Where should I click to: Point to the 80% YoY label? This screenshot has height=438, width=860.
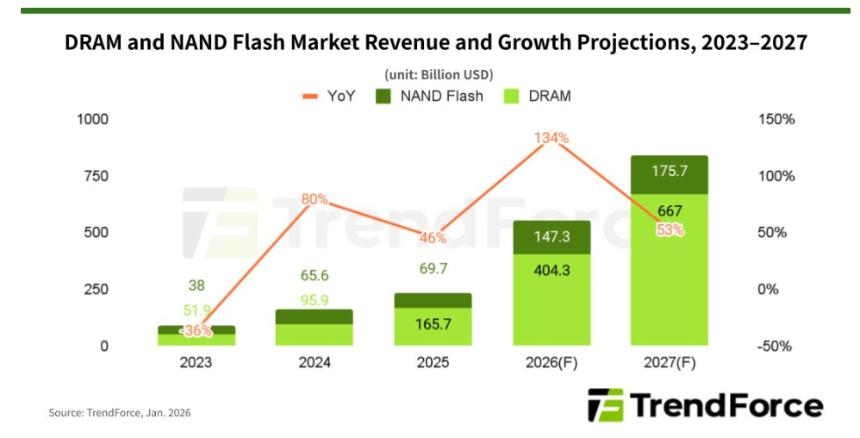click(315, 199)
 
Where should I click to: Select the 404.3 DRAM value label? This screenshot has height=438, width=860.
click(553, 270)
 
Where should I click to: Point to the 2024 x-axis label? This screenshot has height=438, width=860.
click(315, 363)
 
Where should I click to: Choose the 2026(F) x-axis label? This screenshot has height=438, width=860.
click(553, 363)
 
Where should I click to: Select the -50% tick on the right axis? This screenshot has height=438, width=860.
click(774, 347)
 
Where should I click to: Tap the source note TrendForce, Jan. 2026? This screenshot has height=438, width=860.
click(119, 412)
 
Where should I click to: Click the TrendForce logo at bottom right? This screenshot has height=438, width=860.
click(705, 405)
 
